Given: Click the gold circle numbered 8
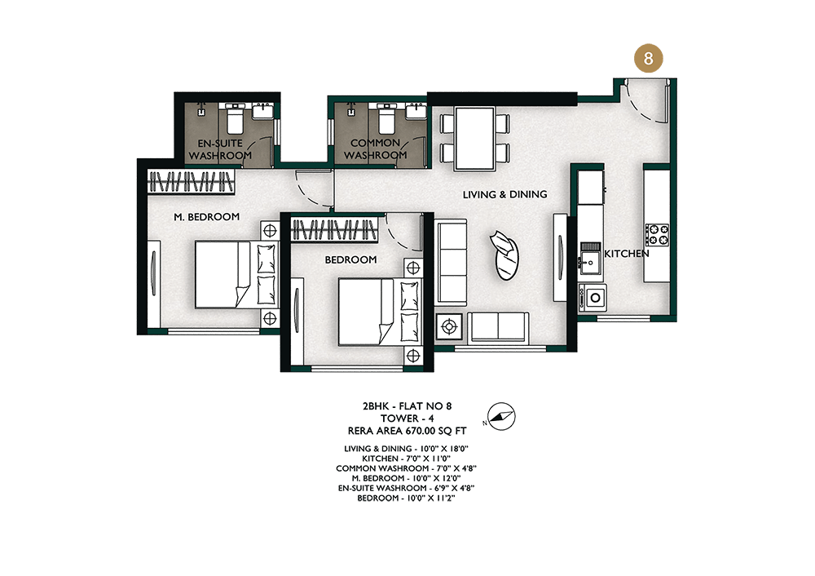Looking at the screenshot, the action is [x=648, y=58].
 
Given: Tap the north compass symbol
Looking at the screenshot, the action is [x=501, y=416].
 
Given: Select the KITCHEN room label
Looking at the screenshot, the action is [x=626, y=254].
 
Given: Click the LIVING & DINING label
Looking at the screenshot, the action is [x=504, y=194].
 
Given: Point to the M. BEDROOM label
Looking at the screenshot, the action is [x=207, y=216].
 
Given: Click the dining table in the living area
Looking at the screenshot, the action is [x=474, y=139].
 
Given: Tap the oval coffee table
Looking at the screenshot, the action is [x=506, y=255].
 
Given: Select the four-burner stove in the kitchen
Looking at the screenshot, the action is [x=657, y=234].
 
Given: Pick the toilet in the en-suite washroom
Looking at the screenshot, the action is [x=235, y=118].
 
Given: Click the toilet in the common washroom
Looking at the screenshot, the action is [x=386, y=118].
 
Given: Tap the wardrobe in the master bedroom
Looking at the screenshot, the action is [x=191, y=182].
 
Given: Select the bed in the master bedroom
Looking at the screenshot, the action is [x=236, y=274].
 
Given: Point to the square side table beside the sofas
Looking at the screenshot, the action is [x=449, y=327].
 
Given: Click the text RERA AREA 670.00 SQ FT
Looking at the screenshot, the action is [x=407, y=431].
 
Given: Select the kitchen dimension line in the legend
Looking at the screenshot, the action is [x=407, y=459].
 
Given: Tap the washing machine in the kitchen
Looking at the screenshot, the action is [x=593, y=298].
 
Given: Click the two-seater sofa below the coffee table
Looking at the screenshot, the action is [x=498, y=328].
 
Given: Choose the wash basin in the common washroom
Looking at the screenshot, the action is [x=415, y=111].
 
